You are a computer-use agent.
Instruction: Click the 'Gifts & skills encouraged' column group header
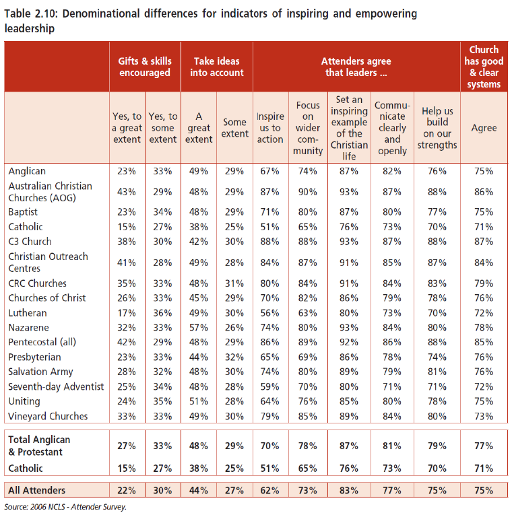(x=145, y=67)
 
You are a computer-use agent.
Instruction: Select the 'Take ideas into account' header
(x=217, y=67)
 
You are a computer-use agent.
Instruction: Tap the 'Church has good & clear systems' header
(x=484, y=67)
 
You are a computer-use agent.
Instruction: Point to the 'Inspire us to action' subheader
(x=270, y=128)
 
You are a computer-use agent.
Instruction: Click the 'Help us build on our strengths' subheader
(x=437, y=128)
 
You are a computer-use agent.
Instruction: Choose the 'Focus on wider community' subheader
(x=308, y=128)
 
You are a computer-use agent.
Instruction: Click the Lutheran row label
(x=28, y=312)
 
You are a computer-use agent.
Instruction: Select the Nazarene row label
(x=28, y=327)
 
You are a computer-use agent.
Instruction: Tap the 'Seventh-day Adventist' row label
(x=56, y=386)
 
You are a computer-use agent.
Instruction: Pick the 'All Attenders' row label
(x=37, y=490)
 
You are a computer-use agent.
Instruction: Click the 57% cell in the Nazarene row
(x=199, y=327)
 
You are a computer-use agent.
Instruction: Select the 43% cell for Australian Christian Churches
(x=127, y=192)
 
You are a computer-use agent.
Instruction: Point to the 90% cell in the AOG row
(x=308, y=192)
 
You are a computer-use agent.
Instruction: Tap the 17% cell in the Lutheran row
(x=127, y=312)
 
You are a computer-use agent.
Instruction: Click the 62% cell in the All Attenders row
(x=269, y=490)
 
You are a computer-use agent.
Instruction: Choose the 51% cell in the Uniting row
(x=199, y=401)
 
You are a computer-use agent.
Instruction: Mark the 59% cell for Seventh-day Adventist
(x=269, y=386)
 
